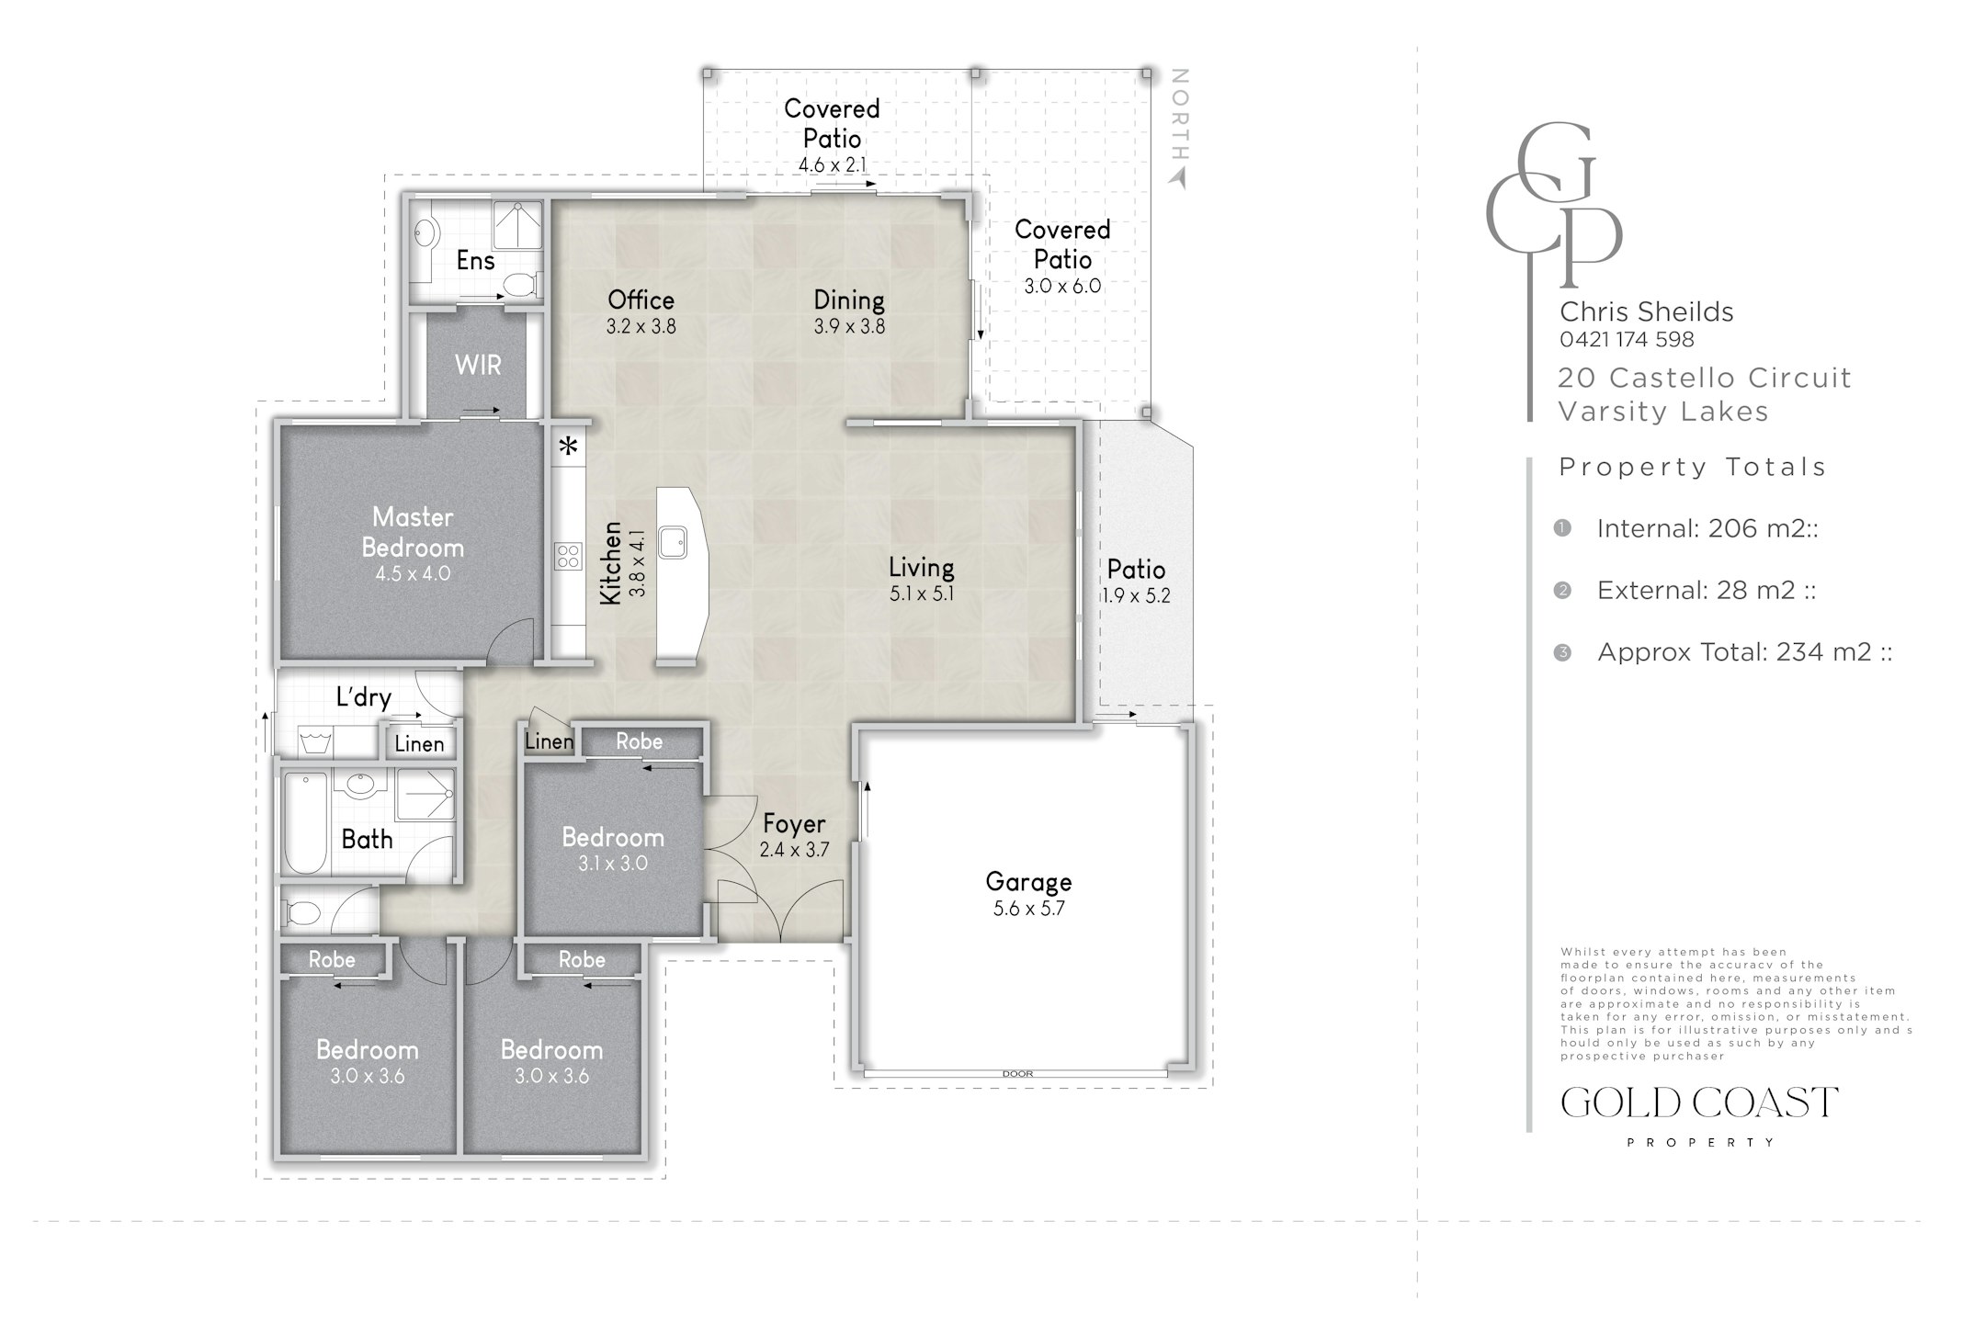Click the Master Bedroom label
(413, 532)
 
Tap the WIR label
(478, 365)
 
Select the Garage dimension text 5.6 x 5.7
(1028, 909)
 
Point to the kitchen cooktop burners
(568, 556)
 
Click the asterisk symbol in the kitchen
(569, 447)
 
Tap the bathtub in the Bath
(305, 822)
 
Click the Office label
(641, 300)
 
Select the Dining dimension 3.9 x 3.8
(849, 326)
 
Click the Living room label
(921, 567)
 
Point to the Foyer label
(794, 824)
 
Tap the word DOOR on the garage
(1017, 1073)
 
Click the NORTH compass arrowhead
(1178, 179)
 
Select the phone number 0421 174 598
(1627, 339)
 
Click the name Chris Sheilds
(1647, 311)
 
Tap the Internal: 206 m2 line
(1707, 528)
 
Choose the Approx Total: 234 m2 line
(1744, 651)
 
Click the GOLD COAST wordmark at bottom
(1699, 1102)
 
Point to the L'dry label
(364, 697)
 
